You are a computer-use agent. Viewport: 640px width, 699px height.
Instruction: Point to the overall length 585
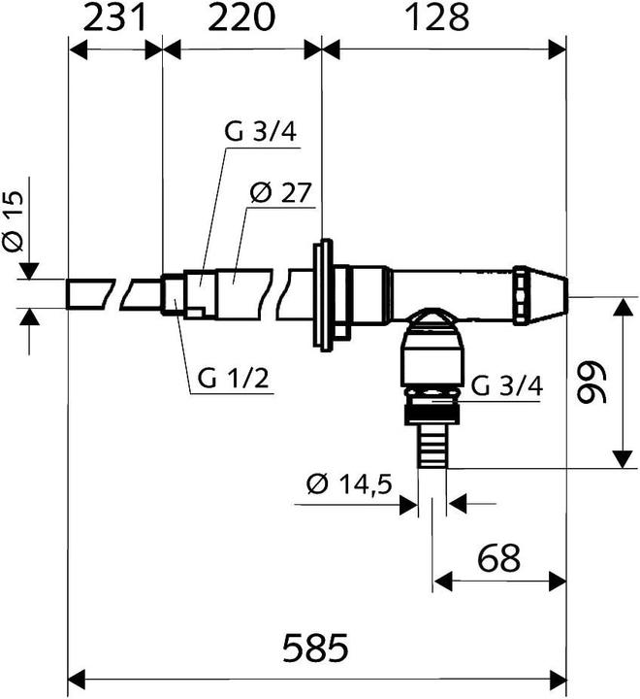tap(317, 647)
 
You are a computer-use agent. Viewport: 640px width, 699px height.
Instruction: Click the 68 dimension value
tap(498, 558)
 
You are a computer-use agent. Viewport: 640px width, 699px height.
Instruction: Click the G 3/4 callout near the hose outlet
tap(507, 386)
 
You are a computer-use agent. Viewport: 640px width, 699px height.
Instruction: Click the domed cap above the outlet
tap(432, 320)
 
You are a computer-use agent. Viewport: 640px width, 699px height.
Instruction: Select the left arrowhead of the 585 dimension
tap(76, 676)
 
